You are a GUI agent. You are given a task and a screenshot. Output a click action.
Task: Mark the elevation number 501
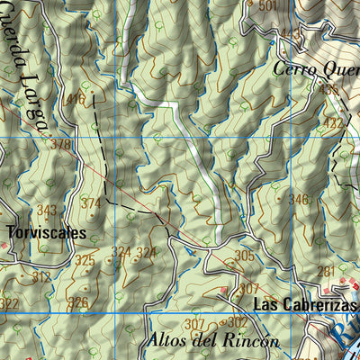click(267, 6)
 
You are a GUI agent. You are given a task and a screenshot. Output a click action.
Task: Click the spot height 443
click(291, 34)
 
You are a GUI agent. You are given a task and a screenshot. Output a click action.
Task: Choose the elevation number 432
click(334, 122)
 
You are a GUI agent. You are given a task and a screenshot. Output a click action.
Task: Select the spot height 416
click(75, 99)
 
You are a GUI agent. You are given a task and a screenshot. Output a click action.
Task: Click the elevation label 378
click(60, 144)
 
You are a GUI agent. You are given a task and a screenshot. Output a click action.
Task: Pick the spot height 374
click(91, 203)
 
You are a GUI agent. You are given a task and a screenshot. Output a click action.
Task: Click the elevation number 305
click(243, 256)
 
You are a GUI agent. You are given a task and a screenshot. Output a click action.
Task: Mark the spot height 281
click(327, 271)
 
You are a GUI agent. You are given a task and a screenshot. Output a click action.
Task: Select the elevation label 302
click(237, 322)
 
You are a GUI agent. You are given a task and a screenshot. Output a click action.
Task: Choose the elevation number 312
click(41, 278)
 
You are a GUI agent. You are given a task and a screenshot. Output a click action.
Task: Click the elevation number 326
click(79, 301)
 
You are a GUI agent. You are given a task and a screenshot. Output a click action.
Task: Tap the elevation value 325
click(85, 261)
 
